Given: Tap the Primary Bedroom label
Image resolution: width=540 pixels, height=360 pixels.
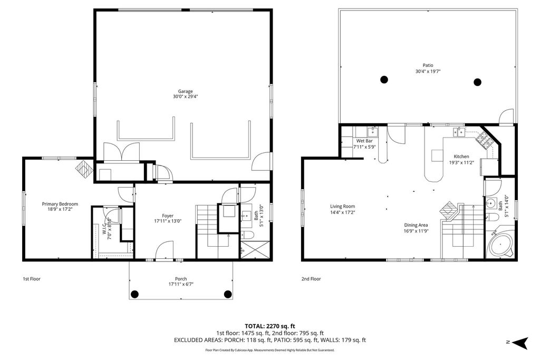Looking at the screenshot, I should coord(60,204).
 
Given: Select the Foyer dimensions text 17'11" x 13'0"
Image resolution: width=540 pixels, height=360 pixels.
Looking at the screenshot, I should coord(168,221).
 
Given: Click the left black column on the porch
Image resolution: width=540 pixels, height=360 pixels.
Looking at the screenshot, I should coord(134,294).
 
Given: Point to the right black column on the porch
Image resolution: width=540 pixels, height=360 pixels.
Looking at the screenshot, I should coord(228,294).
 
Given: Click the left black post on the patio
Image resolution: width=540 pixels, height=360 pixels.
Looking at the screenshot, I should coord(384,80).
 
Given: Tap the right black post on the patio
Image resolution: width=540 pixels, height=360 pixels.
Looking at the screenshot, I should coord(478,82).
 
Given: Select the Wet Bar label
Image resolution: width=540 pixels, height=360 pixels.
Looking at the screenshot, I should coord(364,141).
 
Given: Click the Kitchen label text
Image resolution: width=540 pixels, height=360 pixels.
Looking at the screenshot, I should coord(461,157).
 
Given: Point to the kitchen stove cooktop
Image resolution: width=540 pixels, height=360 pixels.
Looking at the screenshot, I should coord(485,140).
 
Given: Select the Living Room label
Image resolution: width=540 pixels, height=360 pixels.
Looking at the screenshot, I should coord(342,207).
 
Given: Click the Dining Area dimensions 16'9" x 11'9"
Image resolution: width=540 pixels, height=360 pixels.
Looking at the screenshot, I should coord(416,230).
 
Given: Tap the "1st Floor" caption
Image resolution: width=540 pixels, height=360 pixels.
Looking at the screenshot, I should coord(31,279).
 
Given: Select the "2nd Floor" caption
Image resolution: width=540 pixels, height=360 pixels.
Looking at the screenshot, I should coord(311,279).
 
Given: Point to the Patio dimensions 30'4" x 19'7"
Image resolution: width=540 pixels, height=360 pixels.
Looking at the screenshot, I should coord(428,71).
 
